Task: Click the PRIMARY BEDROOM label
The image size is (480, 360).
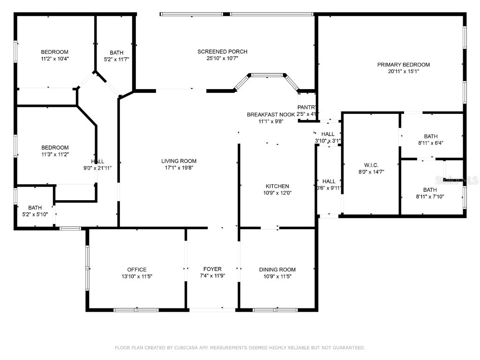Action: (x=403, y=65)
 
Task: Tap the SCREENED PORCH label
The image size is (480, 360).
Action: (x=222, y=52)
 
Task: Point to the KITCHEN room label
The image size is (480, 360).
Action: (x=277, y=186)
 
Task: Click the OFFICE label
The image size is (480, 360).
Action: (x=137, y=270)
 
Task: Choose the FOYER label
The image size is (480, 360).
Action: (x=212, y=269)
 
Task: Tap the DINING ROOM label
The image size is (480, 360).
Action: (x=277, y=270)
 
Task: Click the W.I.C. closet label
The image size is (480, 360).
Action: (x=371, y=165)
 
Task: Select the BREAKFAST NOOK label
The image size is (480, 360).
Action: (x=271, y=114)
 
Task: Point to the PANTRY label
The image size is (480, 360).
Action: (x=307, y=107)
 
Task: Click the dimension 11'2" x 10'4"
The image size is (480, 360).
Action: (x=54, y=59)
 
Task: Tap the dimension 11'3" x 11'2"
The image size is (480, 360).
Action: (x=54, y=155)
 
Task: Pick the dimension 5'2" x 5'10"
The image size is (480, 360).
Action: (x=35, y=214)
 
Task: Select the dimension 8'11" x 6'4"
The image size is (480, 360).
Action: (x=430, y=143)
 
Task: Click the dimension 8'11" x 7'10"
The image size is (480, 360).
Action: (x=430, y=197)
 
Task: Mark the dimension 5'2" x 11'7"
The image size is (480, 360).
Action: (x=116, y=60)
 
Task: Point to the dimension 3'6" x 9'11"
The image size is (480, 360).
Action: (x=329, y=188)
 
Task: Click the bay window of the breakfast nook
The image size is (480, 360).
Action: (x=267, y=75)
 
